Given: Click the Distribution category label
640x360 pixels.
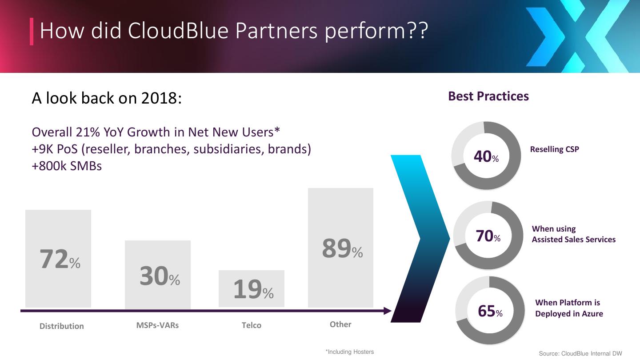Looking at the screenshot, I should (x=61, y=326).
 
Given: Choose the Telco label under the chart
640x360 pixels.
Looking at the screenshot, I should (x=252, y=325).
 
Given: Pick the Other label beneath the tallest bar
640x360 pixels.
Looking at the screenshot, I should (x=340, y=324).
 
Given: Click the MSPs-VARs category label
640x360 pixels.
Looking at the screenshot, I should (x=157, y=325).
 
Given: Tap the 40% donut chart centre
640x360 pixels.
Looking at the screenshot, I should (x=486, y=156).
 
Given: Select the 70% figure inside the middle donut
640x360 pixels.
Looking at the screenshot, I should (x=488, y=236).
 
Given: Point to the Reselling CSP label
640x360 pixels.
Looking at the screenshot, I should (x=555, y=149).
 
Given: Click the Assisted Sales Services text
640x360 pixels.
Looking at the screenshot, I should (x=574, y=240).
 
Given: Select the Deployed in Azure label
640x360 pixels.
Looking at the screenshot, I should (x=569, y=314).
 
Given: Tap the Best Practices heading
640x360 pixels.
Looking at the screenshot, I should (x=488, y=96).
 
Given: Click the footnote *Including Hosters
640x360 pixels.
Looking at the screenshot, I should (x=350, y=352).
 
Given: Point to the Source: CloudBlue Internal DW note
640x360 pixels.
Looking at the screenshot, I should (x=580, y=354).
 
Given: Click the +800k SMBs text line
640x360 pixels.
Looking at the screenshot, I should (x=67, y=166).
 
